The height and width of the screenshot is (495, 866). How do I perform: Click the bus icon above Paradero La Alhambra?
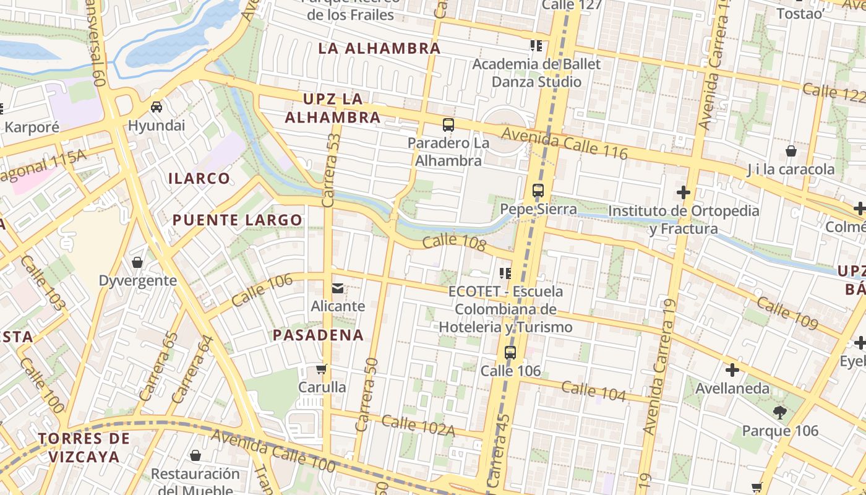pos(448,125)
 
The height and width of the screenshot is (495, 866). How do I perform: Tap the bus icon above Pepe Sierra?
pos(538,191)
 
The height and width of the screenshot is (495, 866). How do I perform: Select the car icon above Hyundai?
pos(156,107)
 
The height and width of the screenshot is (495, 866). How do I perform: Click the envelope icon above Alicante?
pos(338,288)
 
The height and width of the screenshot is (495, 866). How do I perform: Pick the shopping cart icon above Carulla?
pos(321,369)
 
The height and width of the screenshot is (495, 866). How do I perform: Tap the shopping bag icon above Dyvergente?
pos(137,262)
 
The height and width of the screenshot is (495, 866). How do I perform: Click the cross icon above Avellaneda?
pos(732,371)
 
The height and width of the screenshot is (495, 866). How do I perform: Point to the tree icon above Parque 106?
pos(780,412)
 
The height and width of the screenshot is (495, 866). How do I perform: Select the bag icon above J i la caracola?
pos(791,151)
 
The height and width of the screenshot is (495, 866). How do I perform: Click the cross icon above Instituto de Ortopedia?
pos(683,192)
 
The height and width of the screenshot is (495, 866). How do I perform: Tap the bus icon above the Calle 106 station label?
pos(510,353)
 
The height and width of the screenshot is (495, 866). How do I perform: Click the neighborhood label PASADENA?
pos(318,335)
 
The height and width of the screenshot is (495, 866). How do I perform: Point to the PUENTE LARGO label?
pos(238,220)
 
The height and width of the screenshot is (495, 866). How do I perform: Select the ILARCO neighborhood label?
pos(199,179)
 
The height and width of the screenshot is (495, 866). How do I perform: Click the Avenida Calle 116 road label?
pos(565,143)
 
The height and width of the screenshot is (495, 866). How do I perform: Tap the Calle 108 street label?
pos(455,242)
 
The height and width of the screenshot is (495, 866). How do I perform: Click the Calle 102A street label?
pos(418,426)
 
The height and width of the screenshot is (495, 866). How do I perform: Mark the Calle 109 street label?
pos(787,313)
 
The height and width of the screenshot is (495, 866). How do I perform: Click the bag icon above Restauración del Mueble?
pos(195,456)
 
